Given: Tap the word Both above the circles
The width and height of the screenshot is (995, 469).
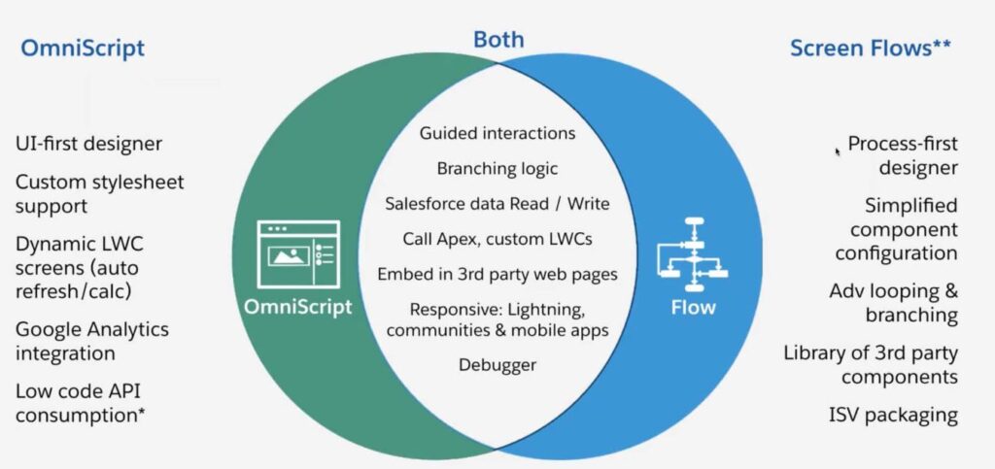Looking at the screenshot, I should coord(498,40).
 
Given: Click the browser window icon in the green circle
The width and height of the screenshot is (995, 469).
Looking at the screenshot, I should coord(298,255).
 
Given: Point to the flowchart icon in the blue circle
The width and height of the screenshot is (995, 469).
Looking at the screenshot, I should coord(693,254).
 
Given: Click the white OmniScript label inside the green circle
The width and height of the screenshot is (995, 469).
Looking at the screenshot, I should coord(298,307).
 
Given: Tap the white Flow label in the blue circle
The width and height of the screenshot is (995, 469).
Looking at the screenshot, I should coord(693,308).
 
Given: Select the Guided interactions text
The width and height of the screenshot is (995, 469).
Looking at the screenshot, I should coord(497,133).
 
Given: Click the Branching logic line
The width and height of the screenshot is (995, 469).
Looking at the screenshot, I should coord(497,168).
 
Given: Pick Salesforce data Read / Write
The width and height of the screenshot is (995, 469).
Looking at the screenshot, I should coord(497,203).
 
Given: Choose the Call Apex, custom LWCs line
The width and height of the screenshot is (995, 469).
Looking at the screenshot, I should coord(497,238).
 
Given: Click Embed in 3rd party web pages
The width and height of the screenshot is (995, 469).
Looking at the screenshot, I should coord(497,274).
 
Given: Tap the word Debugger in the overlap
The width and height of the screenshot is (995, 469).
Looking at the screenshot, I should coord(497,365).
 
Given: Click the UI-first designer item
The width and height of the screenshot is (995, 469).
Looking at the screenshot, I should coord(88,144).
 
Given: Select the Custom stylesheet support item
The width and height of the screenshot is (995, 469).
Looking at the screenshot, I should coord(99,193).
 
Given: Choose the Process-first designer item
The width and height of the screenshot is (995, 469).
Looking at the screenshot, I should coord(903,155).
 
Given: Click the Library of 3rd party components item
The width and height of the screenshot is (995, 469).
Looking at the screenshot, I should coord(871,364).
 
